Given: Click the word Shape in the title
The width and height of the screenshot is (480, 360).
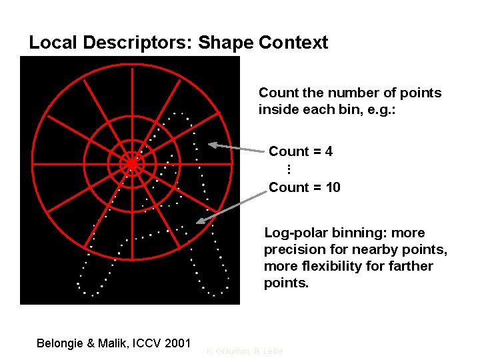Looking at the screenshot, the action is pos(226,43).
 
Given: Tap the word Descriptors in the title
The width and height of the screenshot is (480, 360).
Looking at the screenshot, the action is pos(137,43).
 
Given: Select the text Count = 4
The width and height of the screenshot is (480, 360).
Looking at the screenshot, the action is pos(301,151).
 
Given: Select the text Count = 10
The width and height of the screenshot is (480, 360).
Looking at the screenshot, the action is pos(304,187).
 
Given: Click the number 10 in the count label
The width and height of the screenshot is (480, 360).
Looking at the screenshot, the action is pos(333,187).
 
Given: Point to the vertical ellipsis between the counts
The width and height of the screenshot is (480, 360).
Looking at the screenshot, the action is pos(289,169).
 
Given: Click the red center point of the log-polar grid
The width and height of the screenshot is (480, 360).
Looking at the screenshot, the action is pos(132,163).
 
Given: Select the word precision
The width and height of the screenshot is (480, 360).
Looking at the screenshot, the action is pos(293,250).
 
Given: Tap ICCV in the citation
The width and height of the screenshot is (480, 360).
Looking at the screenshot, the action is pos(144,343).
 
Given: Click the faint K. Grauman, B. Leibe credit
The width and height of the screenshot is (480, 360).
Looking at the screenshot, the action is pos(245,351).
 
